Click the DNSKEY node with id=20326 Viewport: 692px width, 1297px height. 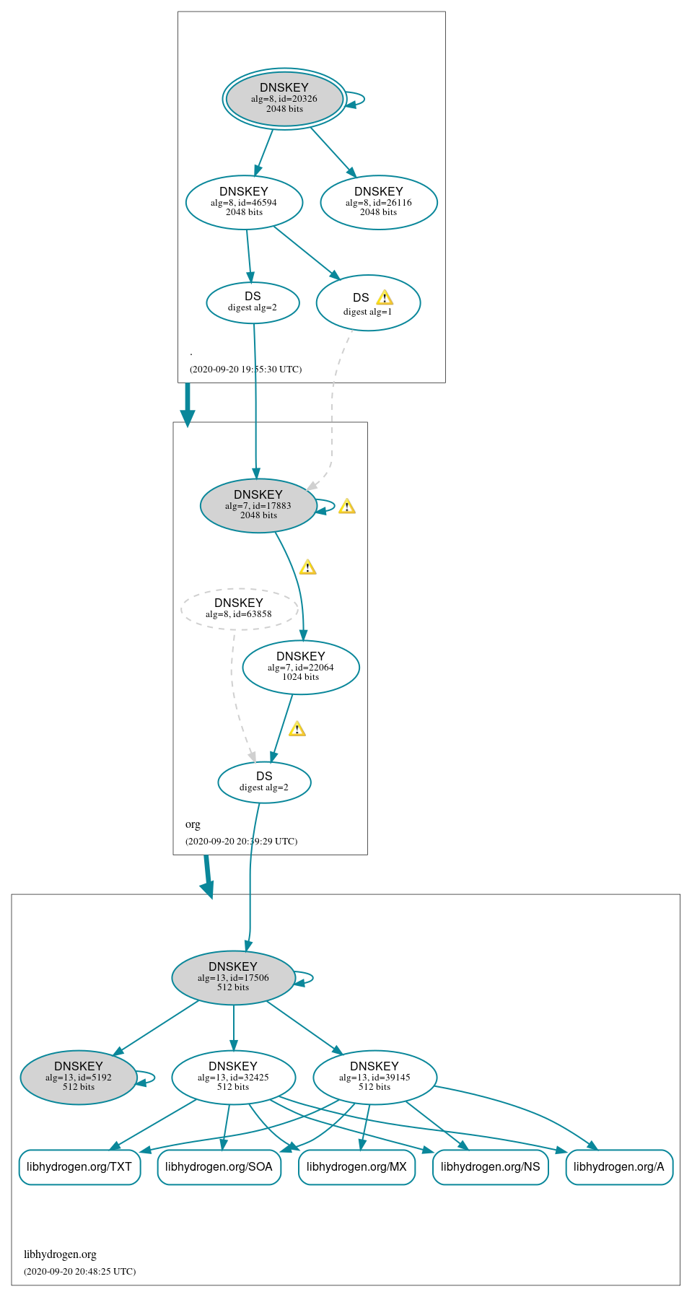284,98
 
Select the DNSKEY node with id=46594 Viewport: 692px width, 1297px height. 244,202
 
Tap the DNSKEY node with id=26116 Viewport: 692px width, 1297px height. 379,202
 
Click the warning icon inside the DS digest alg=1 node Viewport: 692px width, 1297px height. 385,297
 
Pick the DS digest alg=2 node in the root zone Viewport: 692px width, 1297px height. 253,302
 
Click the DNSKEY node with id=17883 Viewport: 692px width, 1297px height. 258,505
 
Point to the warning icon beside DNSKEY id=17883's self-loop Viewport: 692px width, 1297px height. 347,506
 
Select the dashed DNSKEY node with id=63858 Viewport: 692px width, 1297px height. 239,608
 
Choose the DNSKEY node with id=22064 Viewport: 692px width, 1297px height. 301,667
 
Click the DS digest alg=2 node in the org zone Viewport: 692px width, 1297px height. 264,782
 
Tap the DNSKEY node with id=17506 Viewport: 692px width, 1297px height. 233,977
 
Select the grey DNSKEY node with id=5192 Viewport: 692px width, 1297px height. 79,1077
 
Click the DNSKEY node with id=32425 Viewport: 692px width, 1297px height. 233,1077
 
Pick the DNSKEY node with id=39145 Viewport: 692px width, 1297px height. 375,1077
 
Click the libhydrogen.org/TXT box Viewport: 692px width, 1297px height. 79,1166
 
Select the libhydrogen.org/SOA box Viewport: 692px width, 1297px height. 219,1166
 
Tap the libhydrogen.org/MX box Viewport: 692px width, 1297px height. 356,1166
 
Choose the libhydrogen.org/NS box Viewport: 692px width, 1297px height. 490,1166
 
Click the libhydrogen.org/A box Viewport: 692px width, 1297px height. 619,1166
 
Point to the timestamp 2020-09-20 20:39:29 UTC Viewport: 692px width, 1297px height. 241,841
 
